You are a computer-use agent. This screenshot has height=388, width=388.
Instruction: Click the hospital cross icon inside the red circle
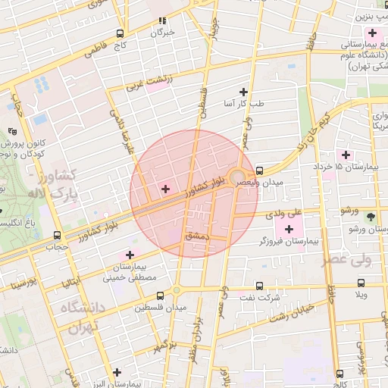coord(166,188)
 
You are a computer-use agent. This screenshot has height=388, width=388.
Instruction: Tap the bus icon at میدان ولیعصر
coord(260,171)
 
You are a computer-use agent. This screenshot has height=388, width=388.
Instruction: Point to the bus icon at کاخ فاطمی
coord(120,33)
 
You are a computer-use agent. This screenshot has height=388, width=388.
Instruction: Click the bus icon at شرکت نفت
coord(260,286)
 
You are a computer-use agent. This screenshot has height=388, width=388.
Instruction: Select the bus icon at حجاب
coord(58,235)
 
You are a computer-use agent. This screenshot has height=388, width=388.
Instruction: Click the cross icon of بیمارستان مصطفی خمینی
coord(130,255)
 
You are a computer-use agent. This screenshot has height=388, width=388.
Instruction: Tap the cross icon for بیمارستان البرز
coord(116,372)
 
